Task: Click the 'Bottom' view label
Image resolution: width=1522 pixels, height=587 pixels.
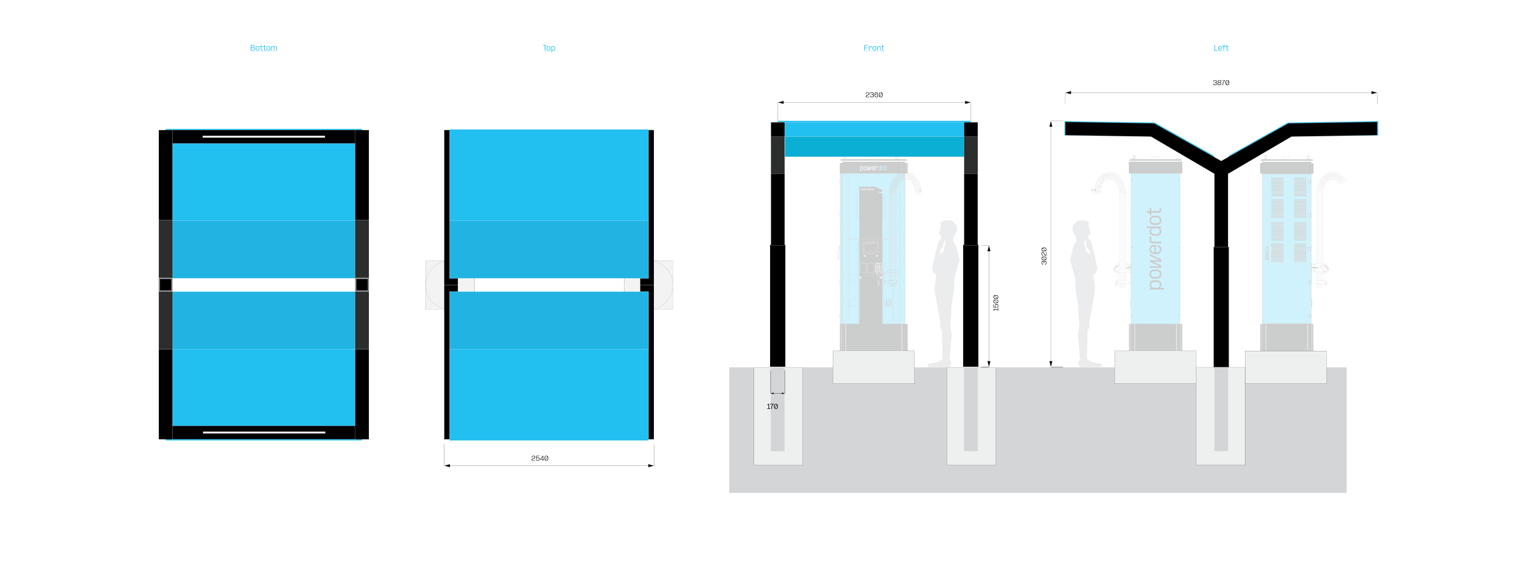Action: [x=264, y=48]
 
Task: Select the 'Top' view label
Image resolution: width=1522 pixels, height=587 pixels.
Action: [x=549, y=48]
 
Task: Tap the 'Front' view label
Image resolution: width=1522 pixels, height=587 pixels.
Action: [x=874, y=48]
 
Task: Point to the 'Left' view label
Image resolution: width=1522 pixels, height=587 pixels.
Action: [x=1221, y=48]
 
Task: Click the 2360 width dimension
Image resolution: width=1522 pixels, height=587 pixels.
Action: [x=874, y=95]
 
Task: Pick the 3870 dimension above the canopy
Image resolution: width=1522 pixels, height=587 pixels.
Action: [x=1221, y=83]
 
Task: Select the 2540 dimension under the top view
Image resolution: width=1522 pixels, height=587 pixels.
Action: [x=540, y=459]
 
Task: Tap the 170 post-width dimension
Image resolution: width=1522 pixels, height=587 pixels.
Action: [x=772, y=406]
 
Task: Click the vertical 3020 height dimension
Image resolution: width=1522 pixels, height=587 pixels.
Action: [x=1044, y=255]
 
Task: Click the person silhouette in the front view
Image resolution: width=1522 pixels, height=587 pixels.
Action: [x=945, y=292]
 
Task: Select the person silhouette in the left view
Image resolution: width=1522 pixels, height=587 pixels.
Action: [x=1084, y=292]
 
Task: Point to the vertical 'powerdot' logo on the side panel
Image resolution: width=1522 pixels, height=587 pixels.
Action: [x=1154, y=249]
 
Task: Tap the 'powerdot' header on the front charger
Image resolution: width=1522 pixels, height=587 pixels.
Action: [x=873, y=168]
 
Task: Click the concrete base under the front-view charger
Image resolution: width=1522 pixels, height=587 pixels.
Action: [x=873, y=367]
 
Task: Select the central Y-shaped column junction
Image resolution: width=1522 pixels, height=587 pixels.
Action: [x=1221, y=164]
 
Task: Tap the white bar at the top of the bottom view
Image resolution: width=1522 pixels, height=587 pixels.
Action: [x=264, y=137]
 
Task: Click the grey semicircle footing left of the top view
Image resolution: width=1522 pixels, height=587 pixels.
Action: [x=435, y=285]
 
